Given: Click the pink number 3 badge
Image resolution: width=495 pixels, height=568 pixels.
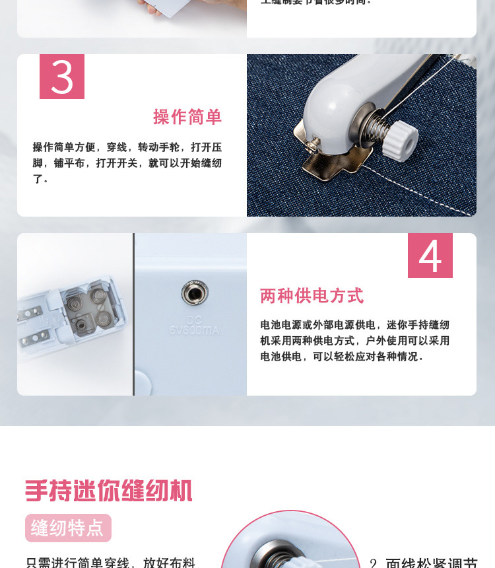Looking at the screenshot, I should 62,77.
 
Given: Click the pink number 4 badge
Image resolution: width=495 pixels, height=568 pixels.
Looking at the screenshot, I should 430,256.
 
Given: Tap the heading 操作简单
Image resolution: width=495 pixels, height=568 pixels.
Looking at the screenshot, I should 187,117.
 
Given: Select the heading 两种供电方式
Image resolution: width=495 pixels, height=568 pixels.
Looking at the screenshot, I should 312,296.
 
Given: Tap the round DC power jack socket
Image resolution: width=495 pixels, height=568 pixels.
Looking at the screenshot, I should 195,292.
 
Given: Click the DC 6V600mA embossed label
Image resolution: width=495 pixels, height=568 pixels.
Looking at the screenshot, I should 193,325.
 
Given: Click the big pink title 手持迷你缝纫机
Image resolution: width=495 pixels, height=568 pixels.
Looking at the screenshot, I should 109,491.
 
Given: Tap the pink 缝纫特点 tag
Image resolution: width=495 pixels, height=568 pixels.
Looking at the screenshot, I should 68,528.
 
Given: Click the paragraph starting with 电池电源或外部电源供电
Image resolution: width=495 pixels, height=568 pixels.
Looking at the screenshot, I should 354,341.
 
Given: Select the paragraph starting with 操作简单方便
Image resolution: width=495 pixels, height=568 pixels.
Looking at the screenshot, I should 127,162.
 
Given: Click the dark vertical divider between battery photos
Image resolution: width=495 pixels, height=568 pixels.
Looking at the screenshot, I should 133,314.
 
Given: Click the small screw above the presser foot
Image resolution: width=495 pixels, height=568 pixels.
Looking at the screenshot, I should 315,141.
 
